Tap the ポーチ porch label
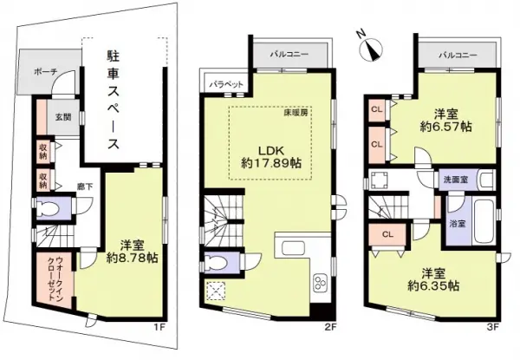pyautogui.click(x=42, y=72)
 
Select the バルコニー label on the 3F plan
pyautogui.click(x=458, y=55)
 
